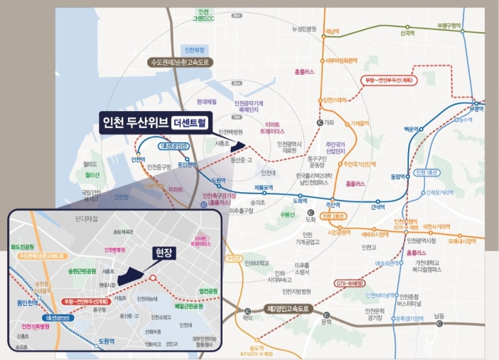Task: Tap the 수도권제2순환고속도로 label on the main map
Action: click(x=178, y=62)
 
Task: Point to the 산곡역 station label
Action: click(x=407, y=33)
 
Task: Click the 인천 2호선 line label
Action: click(x=336, y=216)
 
